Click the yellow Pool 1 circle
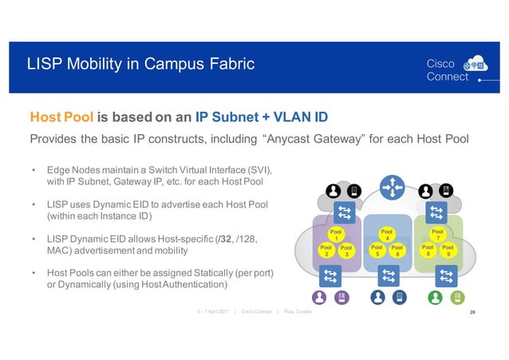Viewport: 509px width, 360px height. tap(337, 235)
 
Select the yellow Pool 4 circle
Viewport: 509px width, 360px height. tap(387, 235)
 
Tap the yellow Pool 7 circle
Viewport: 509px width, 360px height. tap(436, 234)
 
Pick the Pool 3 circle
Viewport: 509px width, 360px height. tap(346, 251)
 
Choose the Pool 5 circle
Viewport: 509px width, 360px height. tap(377, 251)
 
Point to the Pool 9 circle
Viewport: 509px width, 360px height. tap(447, 251)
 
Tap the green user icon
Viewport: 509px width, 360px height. tap(436, 297)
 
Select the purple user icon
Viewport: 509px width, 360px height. tap(320, 297)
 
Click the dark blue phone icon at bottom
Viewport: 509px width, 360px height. tap(400, 297)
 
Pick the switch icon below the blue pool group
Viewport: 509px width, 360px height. tap(387, 275)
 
